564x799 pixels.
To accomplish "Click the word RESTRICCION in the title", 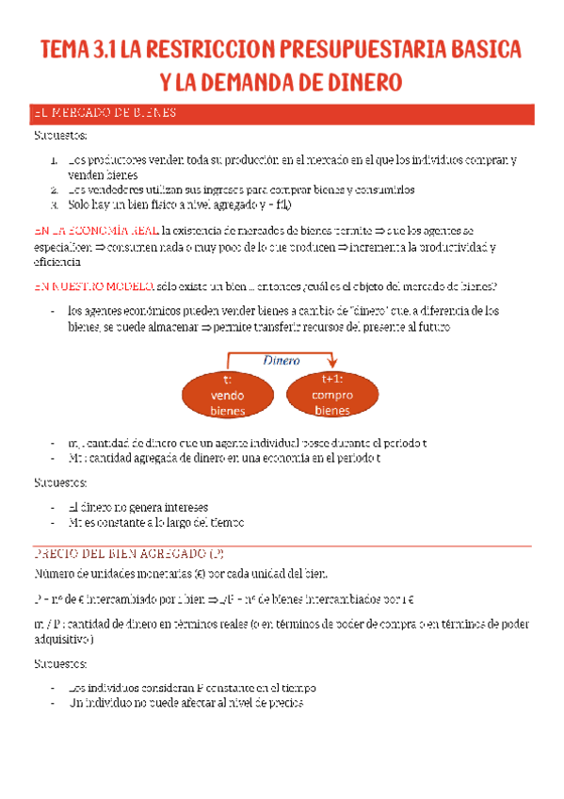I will (x=210, y=49).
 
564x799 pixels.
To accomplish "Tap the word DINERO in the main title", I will (x=355, y=83).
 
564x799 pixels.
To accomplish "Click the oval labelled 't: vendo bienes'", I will (x=228, y=396).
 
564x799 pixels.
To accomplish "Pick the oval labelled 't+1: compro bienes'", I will (x=332, y=395).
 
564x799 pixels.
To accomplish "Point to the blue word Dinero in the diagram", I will (x=282, y=360).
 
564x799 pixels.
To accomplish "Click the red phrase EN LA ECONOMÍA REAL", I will (x=95, y=230).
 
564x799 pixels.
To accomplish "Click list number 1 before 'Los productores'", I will (x=56, y=160).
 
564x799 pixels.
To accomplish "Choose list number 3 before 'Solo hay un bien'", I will (x=56, y=203).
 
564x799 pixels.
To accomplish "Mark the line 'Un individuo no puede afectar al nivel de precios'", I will (x=186, y=702).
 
